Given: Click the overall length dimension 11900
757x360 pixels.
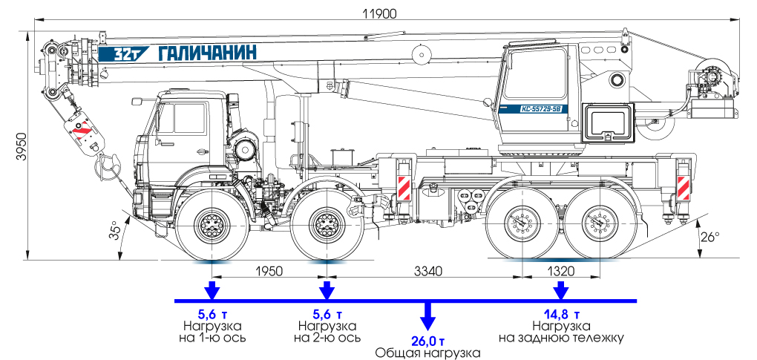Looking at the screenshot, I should pos(379,13).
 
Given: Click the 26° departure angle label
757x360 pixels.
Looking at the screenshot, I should pos(710,238).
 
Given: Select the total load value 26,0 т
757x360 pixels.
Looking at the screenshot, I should pos(427,341).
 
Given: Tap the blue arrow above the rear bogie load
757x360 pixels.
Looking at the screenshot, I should pos(561,289).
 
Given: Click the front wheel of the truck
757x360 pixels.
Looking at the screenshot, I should pos(212,223).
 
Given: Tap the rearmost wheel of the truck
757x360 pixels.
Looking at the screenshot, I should pos(599,223).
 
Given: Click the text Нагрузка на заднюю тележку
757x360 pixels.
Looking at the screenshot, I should pos(561,332).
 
